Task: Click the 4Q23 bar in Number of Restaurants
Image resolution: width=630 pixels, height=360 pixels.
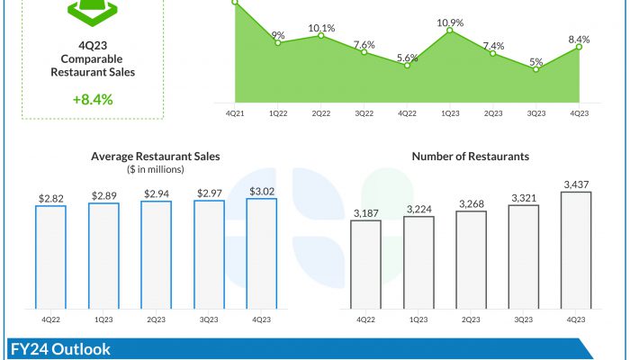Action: pos(576,250)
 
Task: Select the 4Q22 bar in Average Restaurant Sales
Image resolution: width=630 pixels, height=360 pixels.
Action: pos(50,257)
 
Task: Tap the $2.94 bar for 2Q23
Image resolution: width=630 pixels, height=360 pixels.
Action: pos(156,256)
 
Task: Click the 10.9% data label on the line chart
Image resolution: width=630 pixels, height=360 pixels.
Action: pos(450,22)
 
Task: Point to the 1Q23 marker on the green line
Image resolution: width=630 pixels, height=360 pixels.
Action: pos(450,32)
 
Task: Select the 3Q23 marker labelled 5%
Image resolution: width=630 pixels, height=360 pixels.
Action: pos(536,69)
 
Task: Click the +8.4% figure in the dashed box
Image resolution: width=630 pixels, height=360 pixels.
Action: pos(93,99)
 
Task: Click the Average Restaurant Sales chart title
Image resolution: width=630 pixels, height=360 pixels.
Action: pos(156,156)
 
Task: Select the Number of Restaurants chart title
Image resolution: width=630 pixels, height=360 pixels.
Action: pos(471,156)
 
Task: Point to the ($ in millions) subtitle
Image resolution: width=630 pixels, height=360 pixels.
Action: pos(156,168)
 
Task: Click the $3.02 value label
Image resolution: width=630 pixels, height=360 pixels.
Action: pos(261,191)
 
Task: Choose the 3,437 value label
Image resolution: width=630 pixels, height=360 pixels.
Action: pos(576,184)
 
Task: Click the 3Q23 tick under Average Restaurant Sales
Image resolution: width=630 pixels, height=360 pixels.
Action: pos(209,319)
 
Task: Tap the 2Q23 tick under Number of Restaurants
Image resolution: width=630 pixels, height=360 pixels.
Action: pos(471,319)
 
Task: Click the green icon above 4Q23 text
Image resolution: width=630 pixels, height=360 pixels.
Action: pos(93,11)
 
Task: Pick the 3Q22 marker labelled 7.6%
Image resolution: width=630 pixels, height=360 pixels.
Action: pos(364,52)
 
